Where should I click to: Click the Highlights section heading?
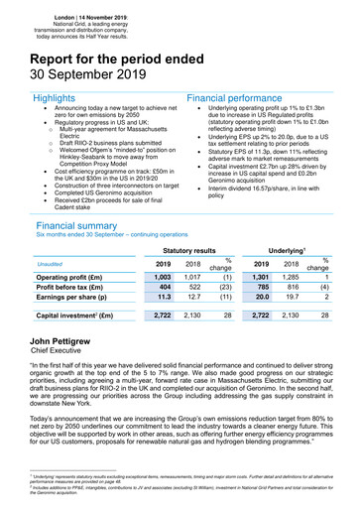[49, 100]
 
